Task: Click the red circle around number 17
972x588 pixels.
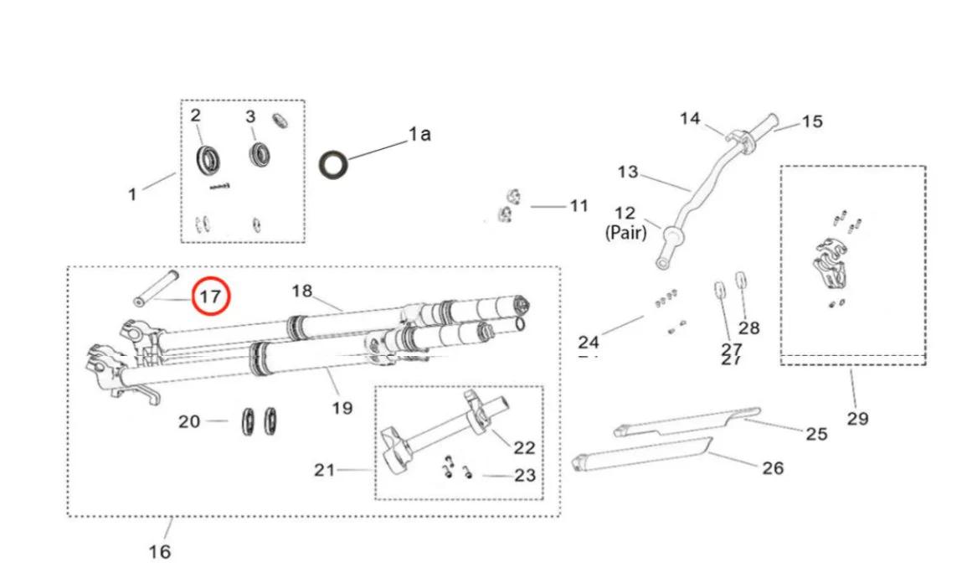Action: pos(209,296)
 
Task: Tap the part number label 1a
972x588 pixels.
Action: pos(419,133)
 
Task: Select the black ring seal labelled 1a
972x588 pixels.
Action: pos(334,164)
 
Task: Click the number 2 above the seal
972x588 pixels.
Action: pos(195,115)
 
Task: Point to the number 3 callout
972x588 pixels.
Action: pos(249,116)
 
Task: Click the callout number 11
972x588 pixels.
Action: pos(579,205)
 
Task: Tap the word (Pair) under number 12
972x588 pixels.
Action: pos(625,234)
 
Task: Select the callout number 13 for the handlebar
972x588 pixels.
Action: pos(627,173)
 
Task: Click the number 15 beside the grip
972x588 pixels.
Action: pos(811,121)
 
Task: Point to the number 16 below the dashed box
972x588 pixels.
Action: pos(159,551)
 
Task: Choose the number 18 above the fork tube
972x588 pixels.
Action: pos(301,291)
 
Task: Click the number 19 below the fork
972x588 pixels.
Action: pos(342,408)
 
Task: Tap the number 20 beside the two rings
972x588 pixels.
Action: pos(190,420)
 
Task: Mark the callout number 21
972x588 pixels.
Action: pos(325,470)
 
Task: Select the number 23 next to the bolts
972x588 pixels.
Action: pos(525,475)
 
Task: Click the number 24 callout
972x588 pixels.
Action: pos(589,342)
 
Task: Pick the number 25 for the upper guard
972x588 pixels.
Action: pos(816,433)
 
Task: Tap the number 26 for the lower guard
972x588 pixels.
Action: pos(772,467)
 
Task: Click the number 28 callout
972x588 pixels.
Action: pos(749,328)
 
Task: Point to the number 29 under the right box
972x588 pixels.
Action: pos(857,418)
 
